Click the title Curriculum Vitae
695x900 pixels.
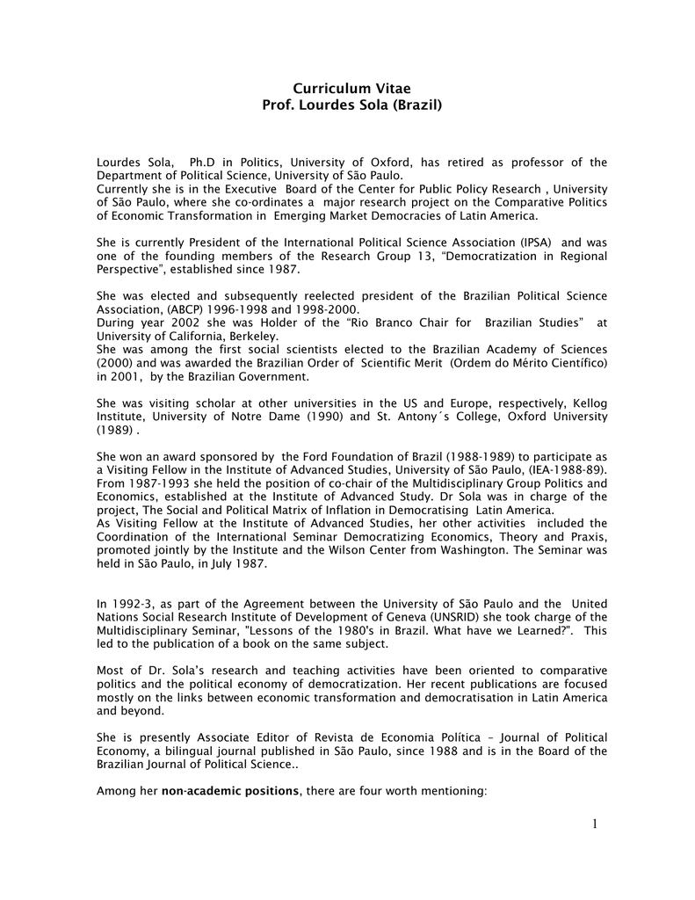346,88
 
